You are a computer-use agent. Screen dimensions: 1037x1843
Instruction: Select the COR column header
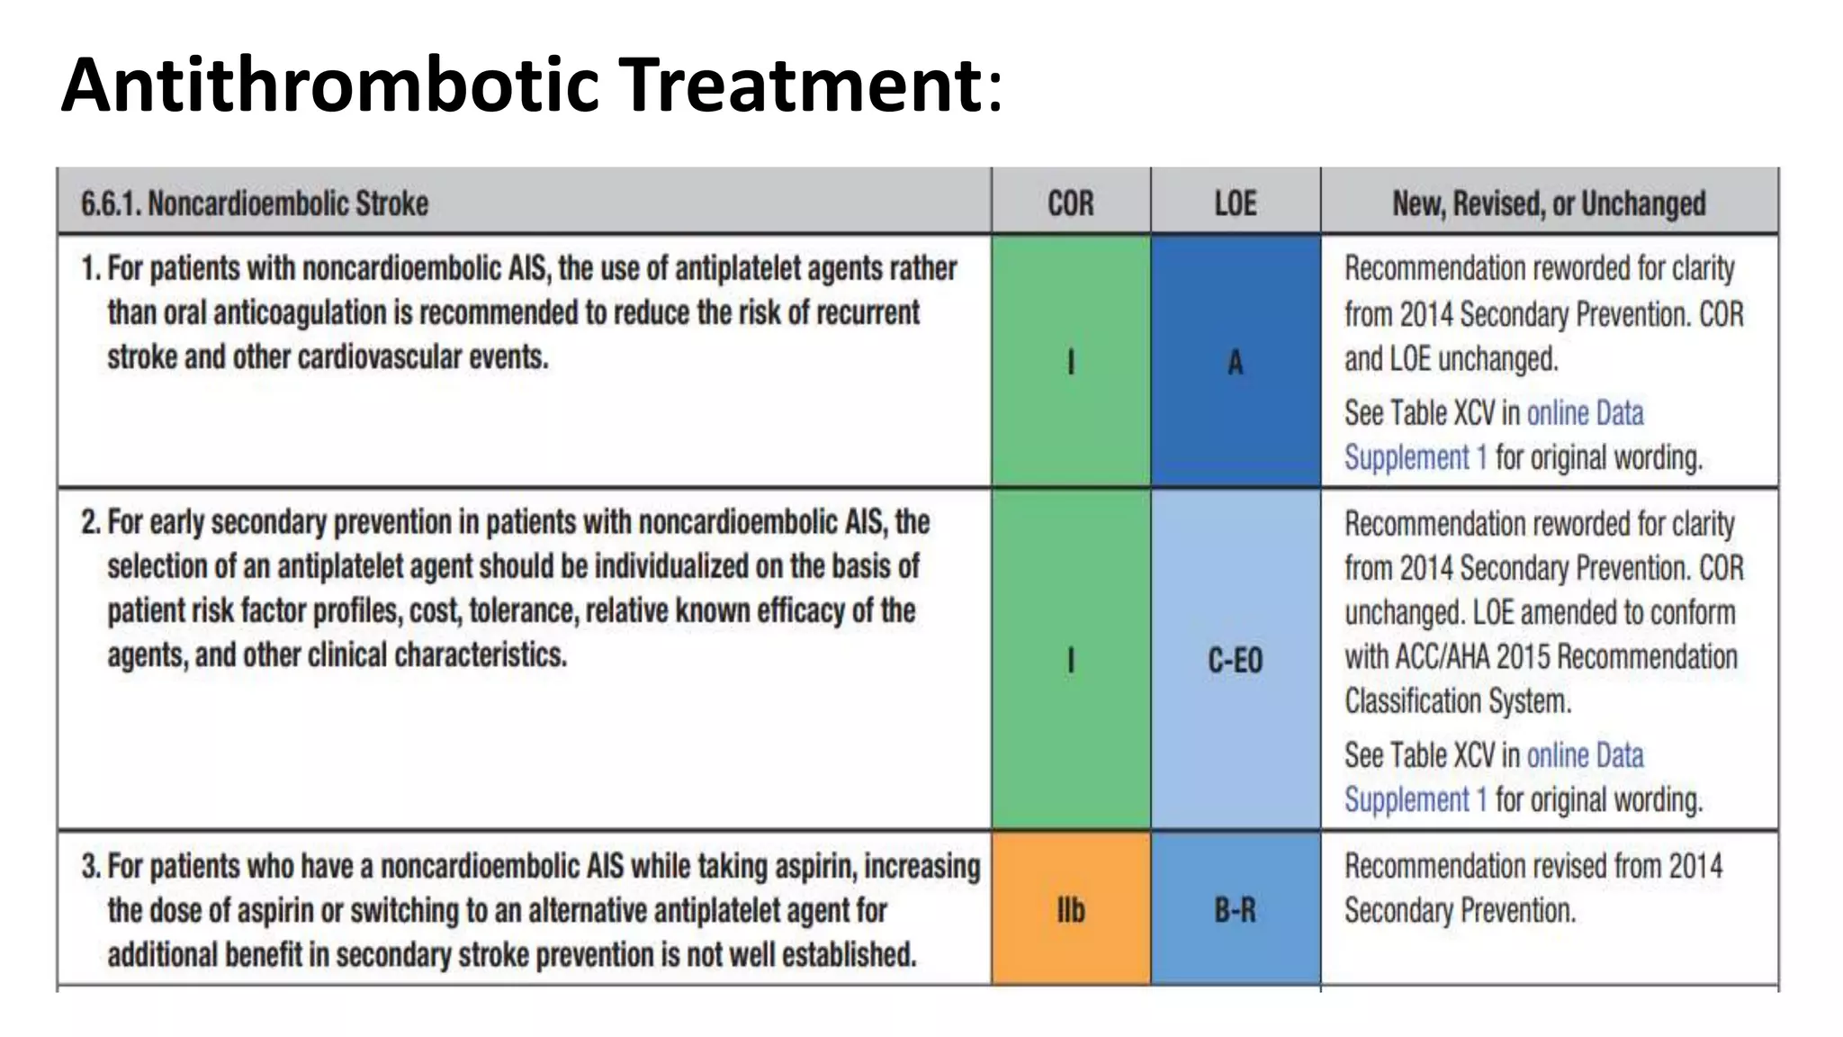click(x=1070, y=203)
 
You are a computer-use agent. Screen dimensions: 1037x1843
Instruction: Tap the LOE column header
click(x=1235, y=203)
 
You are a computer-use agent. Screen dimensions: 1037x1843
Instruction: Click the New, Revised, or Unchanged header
click(x=1549, y=203)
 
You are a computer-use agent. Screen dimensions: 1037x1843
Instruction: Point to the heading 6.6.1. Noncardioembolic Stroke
click(x=255, y=203)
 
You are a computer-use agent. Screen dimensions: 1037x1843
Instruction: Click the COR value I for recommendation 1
click(x=1070, y=362)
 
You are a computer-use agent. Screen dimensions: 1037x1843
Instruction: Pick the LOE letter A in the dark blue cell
click(x=1235, y=363)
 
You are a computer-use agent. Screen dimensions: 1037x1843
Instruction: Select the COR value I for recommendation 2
click(x=1070, y=661)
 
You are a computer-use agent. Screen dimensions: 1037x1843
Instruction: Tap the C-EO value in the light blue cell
click(x=1235, y=661)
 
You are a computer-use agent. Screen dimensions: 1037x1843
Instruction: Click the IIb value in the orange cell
click(x=1070, y=911)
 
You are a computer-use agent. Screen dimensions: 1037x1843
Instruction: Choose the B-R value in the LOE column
click(x=1235, y=911)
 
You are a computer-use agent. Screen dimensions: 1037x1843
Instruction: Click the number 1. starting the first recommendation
click(x=90, y=268)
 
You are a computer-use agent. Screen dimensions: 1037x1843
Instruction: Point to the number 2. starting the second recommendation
click(x=90, y=522)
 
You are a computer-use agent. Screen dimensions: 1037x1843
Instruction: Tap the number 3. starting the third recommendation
click(x=90, y=866)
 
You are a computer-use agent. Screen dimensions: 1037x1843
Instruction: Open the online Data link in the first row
click(x=1585, y=413)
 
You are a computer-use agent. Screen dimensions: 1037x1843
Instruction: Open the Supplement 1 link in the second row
click(x=1416, y=799)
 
